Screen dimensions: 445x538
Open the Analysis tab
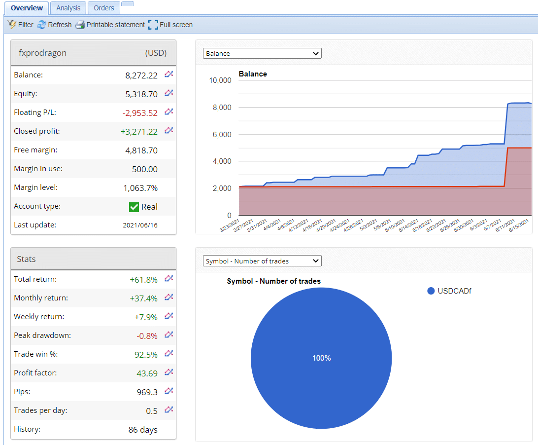click(68, 8)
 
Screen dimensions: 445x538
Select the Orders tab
click(104, 8)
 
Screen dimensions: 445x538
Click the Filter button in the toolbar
click(21, 25)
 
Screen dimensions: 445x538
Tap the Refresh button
click(55, 25)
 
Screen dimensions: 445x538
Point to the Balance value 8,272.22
click(141, 75)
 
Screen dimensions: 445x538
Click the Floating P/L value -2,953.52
click(140, 113)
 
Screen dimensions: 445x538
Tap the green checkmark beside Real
click(134, 207)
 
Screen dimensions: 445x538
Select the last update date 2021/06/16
click(140, 225)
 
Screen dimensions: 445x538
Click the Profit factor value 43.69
click(147, 373)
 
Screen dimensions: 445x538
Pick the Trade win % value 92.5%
click(146, 355)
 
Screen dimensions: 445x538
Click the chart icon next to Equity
click(169, 93)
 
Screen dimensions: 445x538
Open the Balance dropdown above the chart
click(262, 53)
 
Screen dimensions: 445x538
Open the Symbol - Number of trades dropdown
click(262, 261)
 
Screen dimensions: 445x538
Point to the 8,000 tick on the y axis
click(220, 108)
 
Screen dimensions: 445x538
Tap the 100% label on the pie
click(321, 358)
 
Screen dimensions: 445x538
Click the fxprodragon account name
click(42, 53)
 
